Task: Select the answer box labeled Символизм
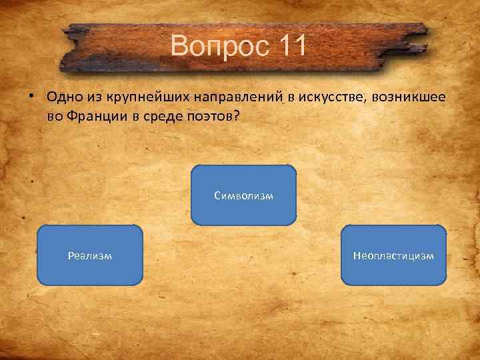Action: click(x=244, y=195)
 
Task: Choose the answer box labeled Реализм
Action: click(x=90, y=255)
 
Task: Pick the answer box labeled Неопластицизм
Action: click(x=394, y=255)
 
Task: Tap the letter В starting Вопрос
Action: click(x=179, y=46)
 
